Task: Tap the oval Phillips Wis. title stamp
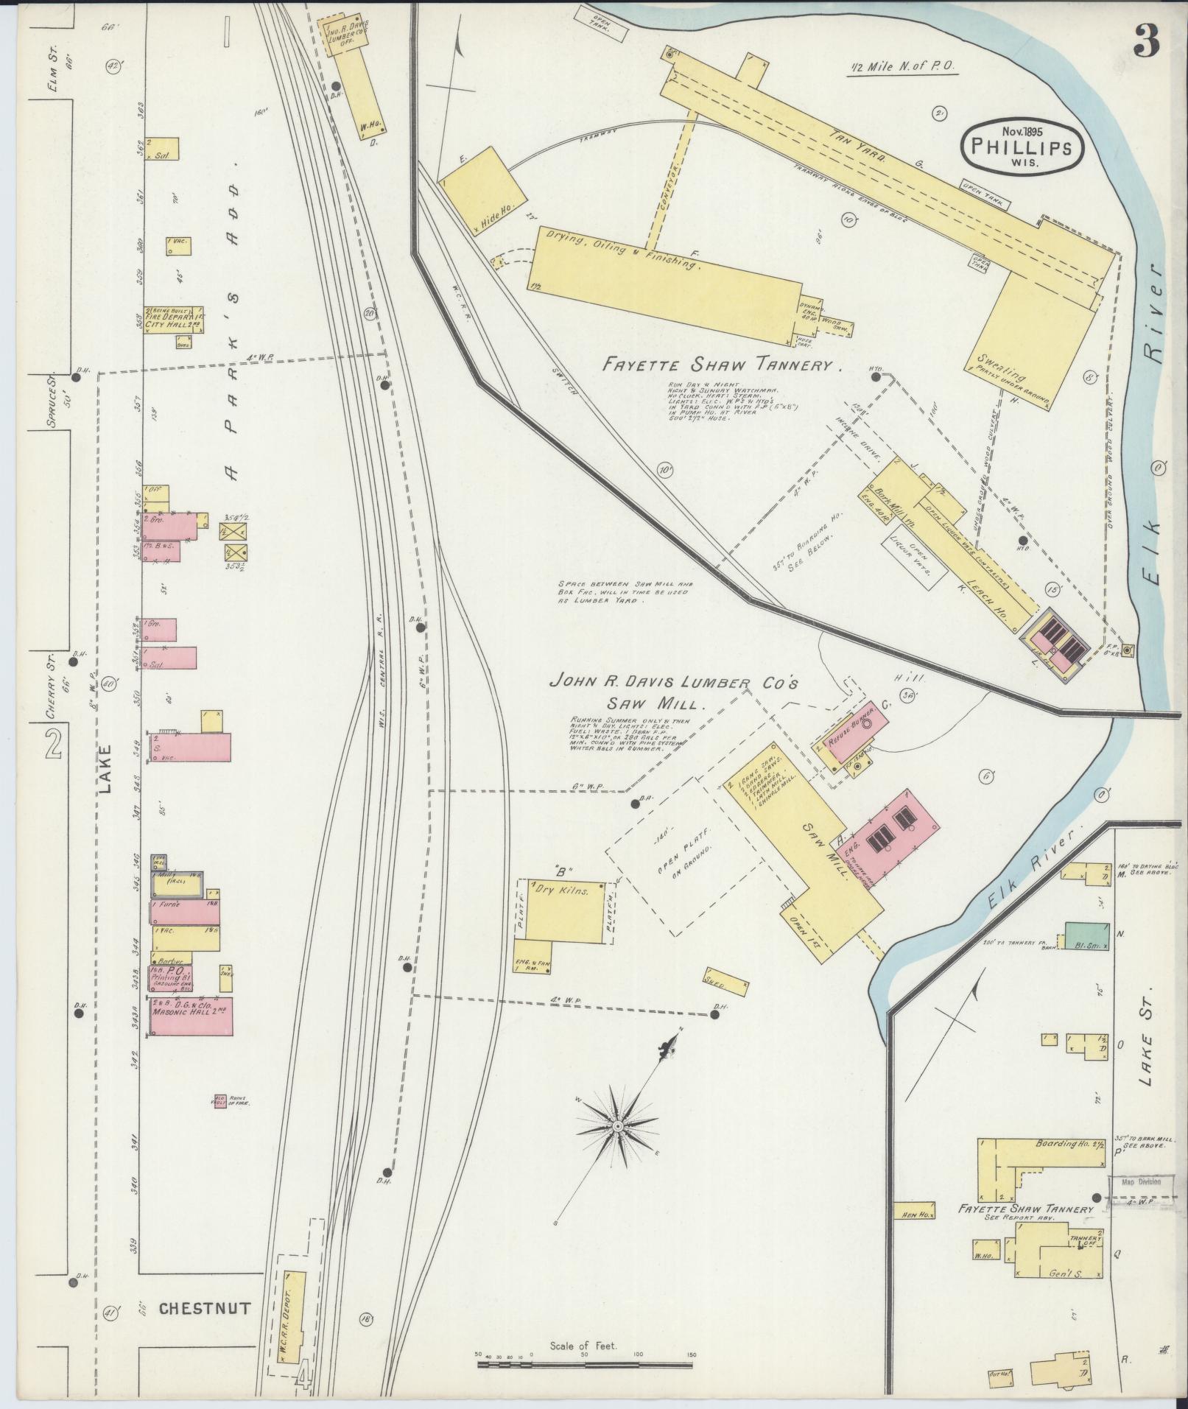click(x=1021, y=145)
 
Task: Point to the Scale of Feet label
click(x=583, y=1346)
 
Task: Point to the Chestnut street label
click(x=204, y=1308)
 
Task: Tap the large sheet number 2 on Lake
click(x=52, y=746)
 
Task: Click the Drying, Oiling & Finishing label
click(x=619, y=249)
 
